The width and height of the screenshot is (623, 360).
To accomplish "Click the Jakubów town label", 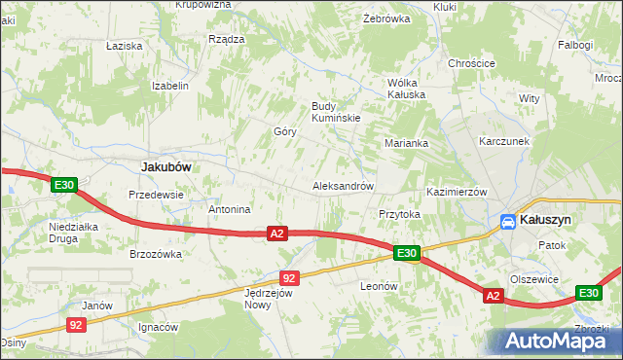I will [164, 166].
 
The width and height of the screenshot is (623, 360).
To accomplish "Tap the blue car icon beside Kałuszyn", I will [508, 222].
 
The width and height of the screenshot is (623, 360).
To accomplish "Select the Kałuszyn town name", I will [546, 221].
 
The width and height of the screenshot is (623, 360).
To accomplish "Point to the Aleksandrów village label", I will [343, 186].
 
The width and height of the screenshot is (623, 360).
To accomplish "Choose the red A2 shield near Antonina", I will [277, 234].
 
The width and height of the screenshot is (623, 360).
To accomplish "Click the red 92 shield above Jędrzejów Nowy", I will [289, 278].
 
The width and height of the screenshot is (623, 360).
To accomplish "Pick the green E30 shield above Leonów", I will [407, 254].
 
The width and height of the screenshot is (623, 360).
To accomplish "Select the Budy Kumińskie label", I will [336, 112].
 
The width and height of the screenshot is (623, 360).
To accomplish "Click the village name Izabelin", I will [169, 86].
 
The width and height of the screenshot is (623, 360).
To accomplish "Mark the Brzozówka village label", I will [156, 254].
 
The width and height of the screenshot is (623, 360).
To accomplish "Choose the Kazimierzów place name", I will [457, 193].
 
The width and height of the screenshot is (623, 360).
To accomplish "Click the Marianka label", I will [406, 143].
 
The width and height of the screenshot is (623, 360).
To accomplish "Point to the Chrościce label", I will [471, 64].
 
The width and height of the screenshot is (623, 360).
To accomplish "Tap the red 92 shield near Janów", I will [78, 325].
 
